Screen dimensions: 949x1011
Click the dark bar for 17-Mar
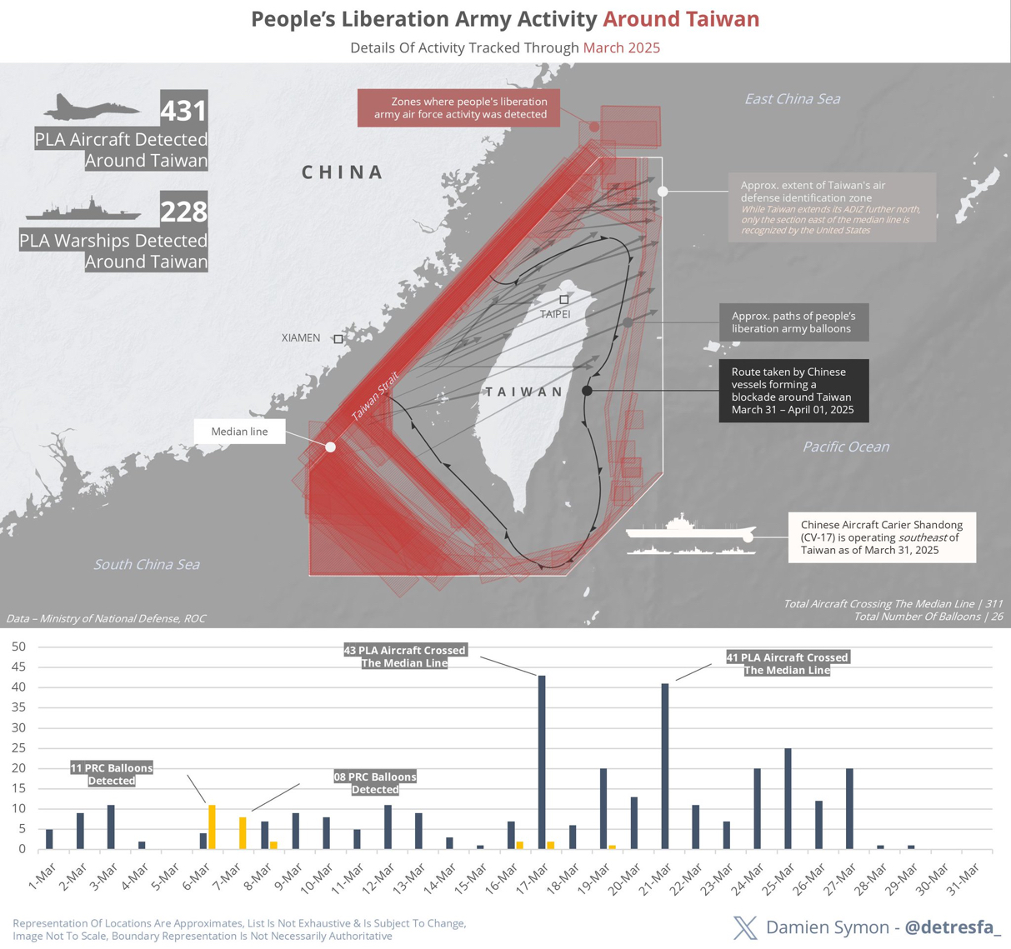(542, 762)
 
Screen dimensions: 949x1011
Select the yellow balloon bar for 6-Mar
(212, 827)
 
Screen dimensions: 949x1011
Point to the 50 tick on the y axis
(19, 647)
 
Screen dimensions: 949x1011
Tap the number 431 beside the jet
(183, 110)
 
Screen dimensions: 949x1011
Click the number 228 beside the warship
(183, 212)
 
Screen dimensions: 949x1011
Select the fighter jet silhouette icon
(93, 108)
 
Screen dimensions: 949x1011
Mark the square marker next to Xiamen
(338, 339)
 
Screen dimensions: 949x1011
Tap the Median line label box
(239, 432)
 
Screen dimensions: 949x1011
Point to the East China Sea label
(792, 99)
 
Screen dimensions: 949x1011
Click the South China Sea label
(147, 565)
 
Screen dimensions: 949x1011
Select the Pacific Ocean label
(846, 447)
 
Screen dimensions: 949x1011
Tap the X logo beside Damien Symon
(745, 927)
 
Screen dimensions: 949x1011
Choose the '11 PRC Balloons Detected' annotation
(112, 774)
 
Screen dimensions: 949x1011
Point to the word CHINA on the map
(343, 172)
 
